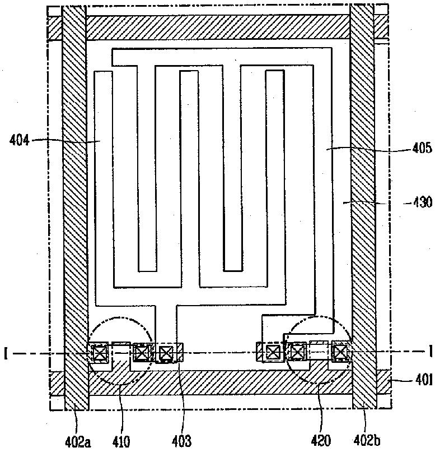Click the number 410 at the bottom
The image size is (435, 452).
click(x=121, y=441)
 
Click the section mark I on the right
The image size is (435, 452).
click(x=430, y=353)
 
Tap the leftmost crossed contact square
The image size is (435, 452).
click(x=100, y=353)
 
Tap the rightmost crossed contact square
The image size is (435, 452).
click(x=340, y=352)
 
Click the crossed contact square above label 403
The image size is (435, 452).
click(x=166, y=353)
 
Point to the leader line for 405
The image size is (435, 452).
click(x=369, y=149)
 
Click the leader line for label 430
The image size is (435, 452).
click(x=381, y=202)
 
